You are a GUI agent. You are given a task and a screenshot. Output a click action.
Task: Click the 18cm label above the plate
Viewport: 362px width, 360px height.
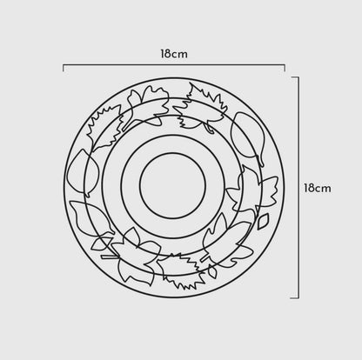[x=174, y=54]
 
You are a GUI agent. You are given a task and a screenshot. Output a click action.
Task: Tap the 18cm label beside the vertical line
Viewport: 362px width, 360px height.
[x=318, y=188]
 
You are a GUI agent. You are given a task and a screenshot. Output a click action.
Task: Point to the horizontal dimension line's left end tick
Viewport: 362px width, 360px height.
[x=64, y=68]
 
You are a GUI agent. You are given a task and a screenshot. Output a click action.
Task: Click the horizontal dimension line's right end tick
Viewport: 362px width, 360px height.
[x=285, y=68]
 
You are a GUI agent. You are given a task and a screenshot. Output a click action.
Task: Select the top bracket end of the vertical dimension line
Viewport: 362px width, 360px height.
[x=295, y=77]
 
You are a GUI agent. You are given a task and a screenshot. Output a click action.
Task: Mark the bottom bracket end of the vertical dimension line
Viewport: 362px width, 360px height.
[x=295, y=297]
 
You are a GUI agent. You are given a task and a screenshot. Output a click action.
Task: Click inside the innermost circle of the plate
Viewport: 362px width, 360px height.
[x=173, y=185]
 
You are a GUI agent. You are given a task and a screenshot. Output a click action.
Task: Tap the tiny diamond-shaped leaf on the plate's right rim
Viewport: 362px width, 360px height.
[x=263, y=221]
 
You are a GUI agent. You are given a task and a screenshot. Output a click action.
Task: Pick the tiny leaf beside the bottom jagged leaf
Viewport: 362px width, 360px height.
[x=212, y=271]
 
